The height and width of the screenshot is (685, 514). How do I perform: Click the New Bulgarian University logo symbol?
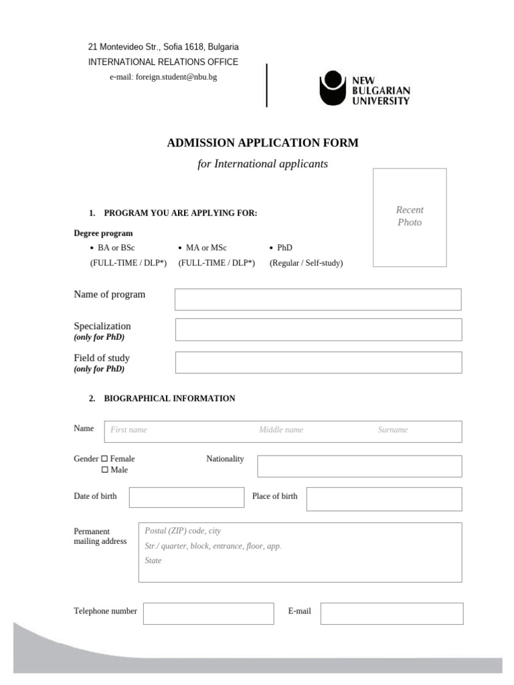click(332, 88)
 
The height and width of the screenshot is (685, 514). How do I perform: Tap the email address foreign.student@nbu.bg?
click(163, 77)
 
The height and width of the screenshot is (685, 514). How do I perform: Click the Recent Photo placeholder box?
click(410, 217)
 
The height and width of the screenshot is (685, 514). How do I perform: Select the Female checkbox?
click(104, 459)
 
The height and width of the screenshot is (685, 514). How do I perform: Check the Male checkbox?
click(104, 470)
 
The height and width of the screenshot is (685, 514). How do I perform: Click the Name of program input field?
click(318, 300)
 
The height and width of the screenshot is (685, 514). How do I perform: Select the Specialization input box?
click(318, 330)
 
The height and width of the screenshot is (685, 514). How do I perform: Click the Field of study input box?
click(318, 363)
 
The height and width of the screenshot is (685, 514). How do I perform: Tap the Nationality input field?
click(359, 466)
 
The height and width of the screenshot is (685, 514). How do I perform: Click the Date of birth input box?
click(187, 498)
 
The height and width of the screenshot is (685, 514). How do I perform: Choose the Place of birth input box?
click(383, 499)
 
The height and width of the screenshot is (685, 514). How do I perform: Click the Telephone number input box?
click(208, 613)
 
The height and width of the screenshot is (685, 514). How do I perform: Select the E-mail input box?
click(392, 613)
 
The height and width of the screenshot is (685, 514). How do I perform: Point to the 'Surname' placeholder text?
click(392, 430)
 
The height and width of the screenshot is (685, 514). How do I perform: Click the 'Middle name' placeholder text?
click(281, 430)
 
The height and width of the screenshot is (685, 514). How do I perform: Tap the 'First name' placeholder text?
click(128, 430)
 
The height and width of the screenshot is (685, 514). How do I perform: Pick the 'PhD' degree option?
click(284, 248)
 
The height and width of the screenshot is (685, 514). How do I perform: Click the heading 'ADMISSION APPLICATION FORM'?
click(262, 142)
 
